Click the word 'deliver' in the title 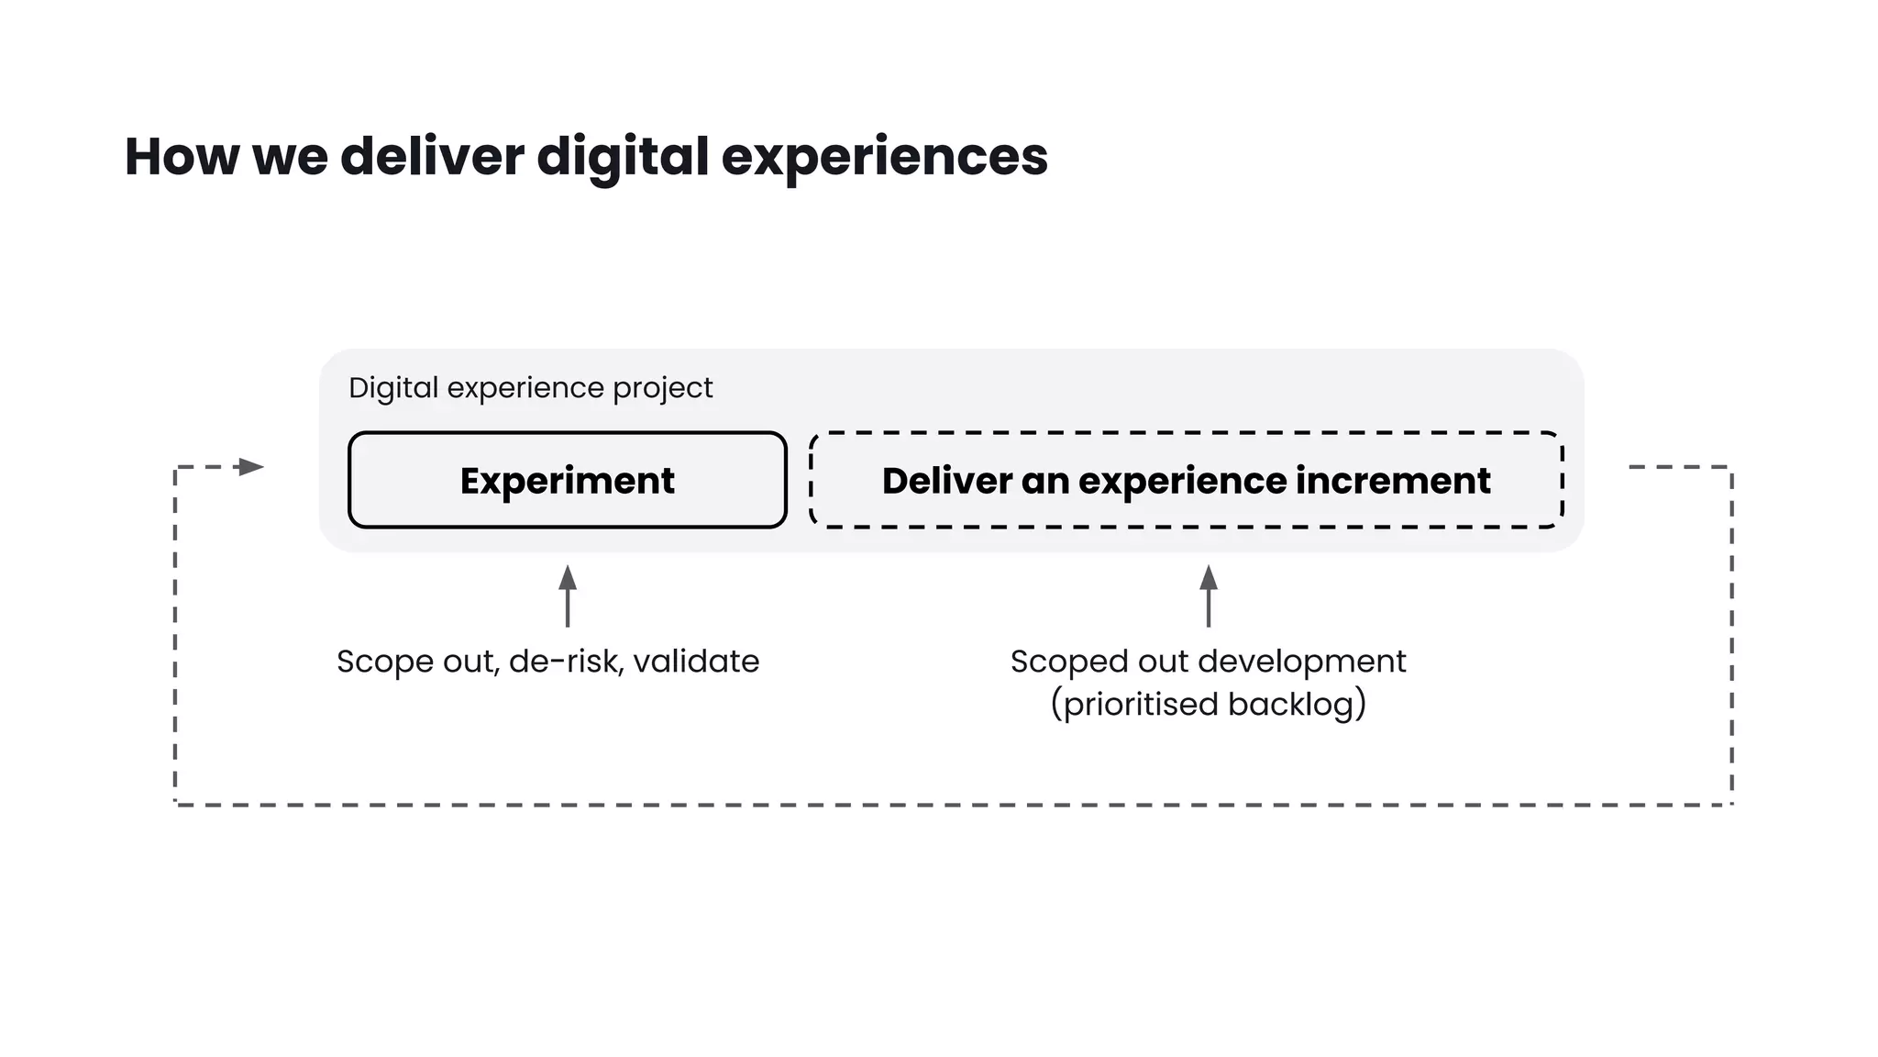coord(432,156)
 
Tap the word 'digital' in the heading coord(623,156)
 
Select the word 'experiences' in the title coord(884,156)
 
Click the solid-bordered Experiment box coord(568,480)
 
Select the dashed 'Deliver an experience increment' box coord(1186,480)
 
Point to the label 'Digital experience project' coord(530,387)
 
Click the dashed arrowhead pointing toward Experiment coord(249,467)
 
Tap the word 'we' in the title coord(290,156)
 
